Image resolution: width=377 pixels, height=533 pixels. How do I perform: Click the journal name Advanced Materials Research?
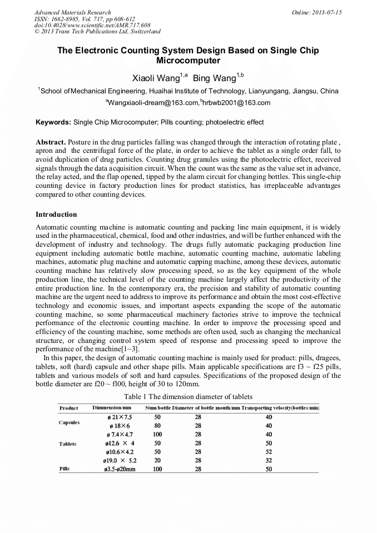coord(72,12)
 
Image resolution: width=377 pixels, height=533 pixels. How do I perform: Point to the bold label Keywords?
coord(53,122)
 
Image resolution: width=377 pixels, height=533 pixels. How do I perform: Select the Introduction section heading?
coord(56,214)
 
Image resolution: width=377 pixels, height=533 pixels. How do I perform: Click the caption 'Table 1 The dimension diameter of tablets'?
coord(188,396)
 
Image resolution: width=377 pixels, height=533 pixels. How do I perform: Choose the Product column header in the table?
coord(69,408)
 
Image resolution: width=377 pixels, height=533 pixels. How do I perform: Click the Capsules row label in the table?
coord(70,422)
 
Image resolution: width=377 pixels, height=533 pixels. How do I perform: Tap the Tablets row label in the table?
coord(68,444)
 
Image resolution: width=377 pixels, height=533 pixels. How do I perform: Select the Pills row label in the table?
coord(65,469)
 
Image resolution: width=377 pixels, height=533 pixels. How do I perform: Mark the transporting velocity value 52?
coord(269,452)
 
